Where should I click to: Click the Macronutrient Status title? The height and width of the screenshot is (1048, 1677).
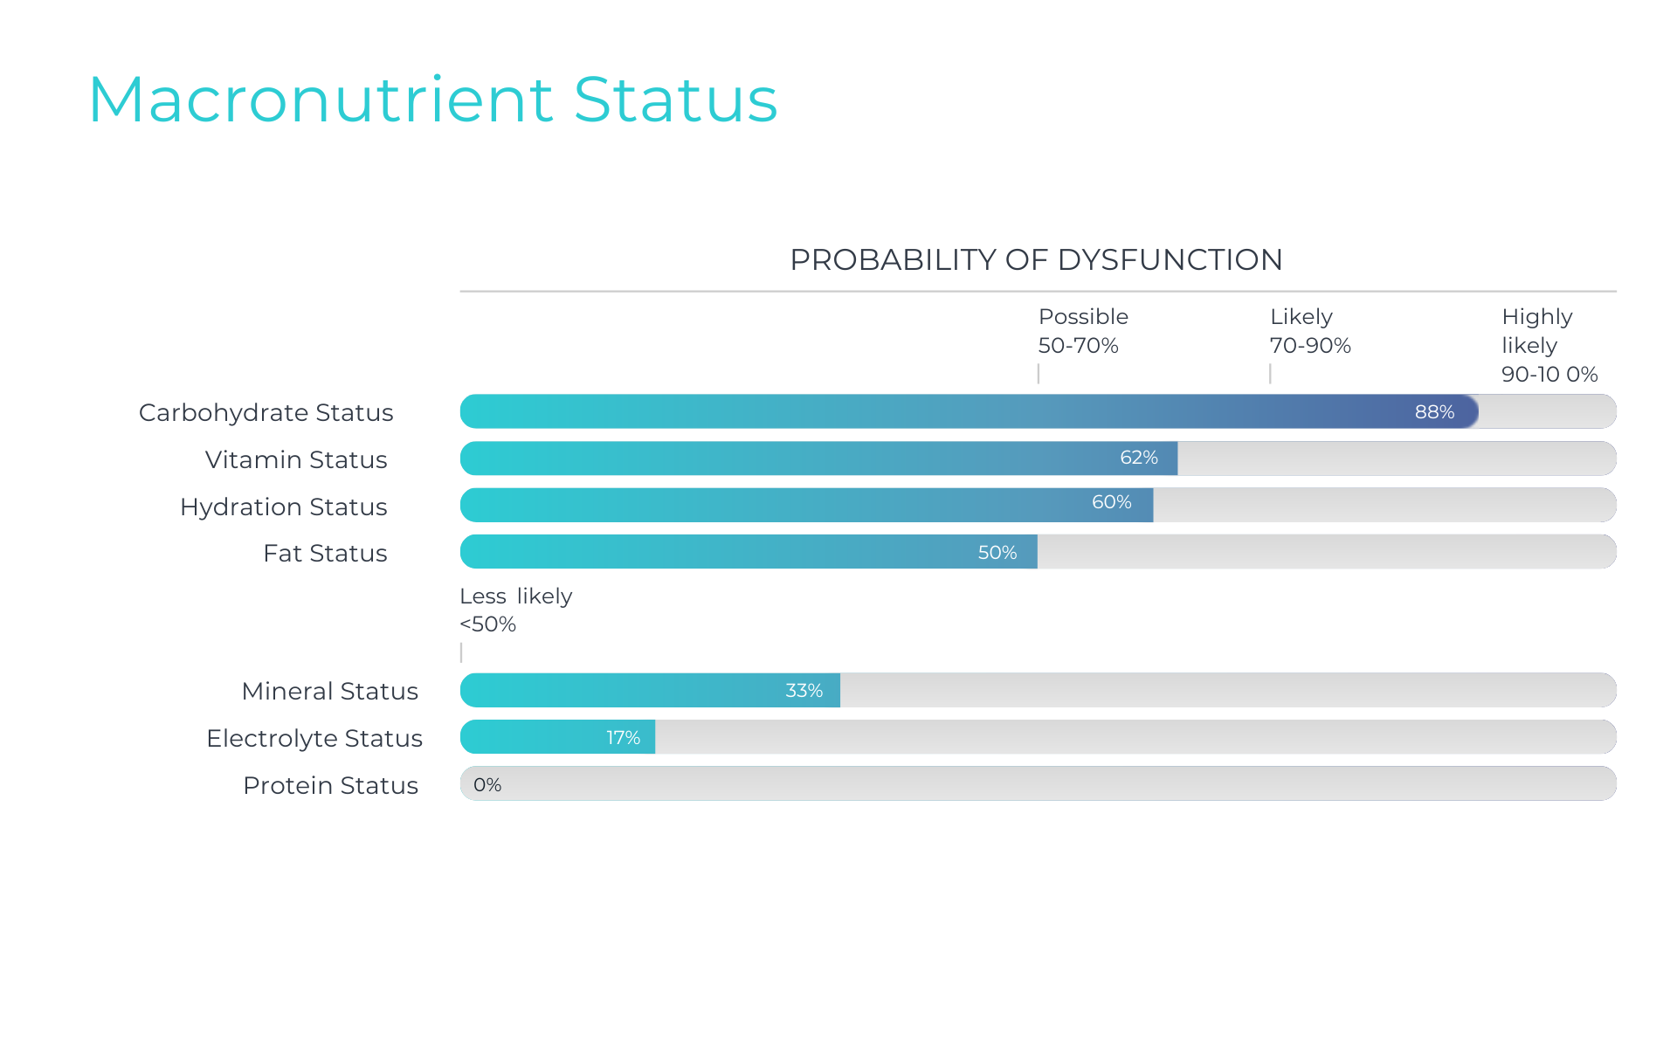pos(432,100)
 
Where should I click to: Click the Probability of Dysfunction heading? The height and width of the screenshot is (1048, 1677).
pos(1036,259)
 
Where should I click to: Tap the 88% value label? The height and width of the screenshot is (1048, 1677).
pos(1434,412)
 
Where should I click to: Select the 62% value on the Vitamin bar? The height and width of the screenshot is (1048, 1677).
pos(1139,458)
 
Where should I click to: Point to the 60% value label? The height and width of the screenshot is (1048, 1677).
pos(1111,502)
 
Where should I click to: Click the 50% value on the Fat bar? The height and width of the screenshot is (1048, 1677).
pos(997,553)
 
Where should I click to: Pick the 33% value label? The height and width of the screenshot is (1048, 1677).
pos(804,691)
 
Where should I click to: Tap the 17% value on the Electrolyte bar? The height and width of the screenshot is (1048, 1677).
pos(623,738)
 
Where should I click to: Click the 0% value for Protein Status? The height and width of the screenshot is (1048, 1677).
pos(487,785)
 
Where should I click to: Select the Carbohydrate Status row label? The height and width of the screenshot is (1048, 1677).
pos(266,412)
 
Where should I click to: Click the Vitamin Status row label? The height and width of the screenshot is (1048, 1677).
pos(296,459)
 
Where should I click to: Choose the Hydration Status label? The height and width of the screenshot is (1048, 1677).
pos(283,507)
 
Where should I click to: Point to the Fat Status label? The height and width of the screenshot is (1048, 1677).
pos(325,553)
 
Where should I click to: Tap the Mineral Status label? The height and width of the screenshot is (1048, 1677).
pos(329,691)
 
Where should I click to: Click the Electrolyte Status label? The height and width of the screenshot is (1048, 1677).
pos(314,738)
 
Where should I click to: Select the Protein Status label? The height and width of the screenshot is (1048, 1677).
pos(330,785)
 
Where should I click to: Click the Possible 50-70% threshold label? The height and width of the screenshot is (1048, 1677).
pos(1082,331)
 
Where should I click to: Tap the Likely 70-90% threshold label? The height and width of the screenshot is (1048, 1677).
pos(1309,331)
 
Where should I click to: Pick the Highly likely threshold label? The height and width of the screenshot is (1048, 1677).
pos(1549,345)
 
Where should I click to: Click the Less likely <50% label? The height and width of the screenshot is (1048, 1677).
pos(515,610)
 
